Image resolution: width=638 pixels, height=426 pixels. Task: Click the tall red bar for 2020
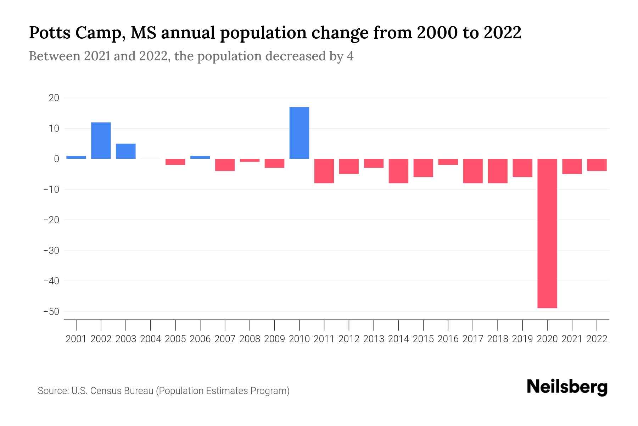(x=547, y=233)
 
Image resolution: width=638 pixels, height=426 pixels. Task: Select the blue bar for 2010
(x=299, y=133)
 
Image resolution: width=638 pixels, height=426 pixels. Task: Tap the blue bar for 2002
(x=101, y=141)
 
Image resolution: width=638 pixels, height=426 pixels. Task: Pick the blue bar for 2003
(x=126, y=151)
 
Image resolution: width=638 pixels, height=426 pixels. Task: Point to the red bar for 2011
(x=324, y=171)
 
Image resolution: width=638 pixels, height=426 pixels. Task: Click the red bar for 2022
(x=597, y=165)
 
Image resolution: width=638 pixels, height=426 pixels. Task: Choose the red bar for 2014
(x=398, y=171)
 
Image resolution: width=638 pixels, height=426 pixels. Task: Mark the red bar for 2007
(x=225, y=165)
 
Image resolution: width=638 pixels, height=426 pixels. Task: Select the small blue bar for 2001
(x=76, y=157)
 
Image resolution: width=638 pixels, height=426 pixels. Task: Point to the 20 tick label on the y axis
(x=54, y=98)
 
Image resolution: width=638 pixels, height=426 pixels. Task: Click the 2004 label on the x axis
(x=151, y=339)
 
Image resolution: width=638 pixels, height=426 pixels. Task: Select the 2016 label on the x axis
(x=448, y=339)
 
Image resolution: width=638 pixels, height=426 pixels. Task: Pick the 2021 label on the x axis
(x=572, y=339)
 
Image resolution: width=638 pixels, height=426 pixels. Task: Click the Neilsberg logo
(x=567, y=387)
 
